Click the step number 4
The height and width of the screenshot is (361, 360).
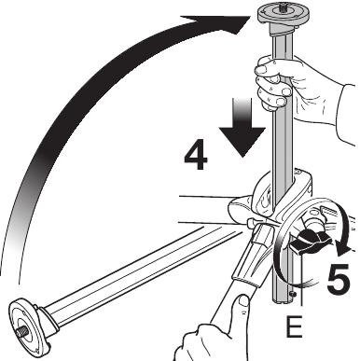click(196, 155)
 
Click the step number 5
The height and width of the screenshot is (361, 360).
click(339, 279)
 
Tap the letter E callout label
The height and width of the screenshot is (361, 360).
click(294, 326)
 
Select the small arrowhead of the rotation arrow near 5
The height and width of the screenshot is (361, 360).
click(345, 249)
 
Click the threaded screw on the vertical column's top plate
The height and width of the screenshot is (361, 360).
click(283, 6)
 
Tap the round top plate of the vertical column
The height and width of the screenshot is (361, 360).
click(284, 14)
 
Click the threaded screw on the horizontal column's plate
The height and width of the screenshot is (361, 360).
click(21, 332)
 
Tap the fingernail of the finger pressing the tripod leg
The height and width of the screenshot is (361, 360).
click(243, 300)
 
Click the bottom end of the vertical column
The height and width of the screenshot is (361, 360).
click(284, 300)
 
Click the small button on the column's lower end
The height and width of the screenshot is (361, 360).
click(292, 293)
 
